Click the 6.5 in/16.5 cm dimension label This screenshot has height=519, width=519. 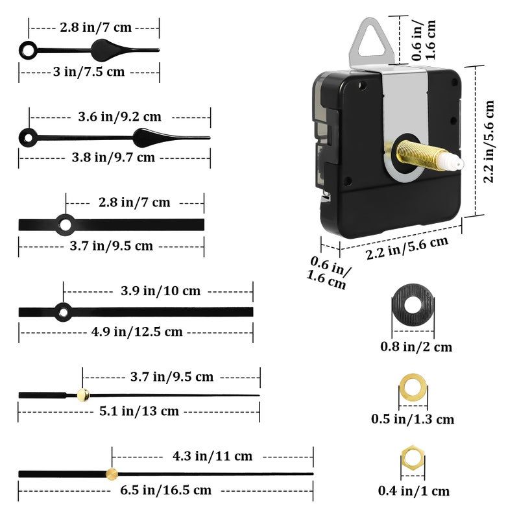165,490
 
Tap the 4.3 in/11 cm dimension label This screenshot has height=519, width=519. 212,456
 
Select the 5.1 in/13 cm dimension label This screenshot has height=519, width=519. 139,411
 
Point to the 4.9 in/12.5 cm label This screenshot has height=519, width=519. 137,332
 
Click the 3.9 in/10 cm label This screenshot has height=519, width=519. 160,291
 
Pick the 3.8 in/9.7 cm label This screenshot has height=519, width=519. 113,157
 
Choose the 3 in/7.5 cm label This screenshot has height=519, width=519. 89,71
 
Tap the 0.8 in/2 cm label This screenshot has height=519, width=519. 416,346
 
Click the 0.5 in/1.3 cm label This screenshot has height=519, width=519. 413,418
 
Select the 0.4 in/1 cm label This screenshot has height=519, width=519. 414,490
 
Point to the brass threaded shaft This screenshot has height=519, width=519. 418,154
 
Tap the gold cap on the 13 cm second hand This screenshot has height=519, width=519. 83,395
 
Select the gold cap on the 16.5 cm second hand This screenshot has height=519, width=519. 112,474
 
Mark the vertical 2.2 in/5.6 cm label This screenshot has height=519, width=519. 489,141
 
